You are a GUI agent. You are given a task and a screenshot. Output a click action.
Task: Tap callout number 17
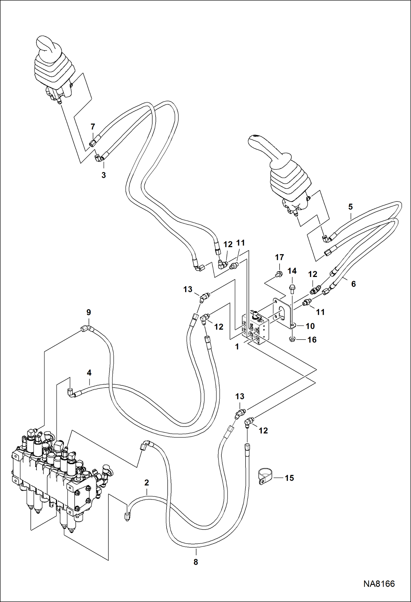(279, 257)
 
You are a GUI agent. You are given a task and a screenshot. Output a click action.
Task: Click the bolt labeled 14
(292, 288)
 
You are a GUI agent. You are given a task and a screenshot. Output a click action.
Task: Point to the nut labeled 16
(292, 340)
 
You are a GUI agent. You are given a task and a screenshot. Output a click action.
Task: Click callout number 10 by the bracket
(310, 326)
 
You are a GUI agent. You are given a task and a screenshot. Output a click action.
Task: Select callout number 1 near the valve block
(237, 347)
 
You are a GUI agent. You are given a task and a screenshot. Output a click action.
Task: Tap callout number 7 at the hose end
(93, 127)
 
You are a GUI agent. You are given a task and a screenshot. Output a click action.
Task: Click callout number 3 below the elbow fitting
(103, 175)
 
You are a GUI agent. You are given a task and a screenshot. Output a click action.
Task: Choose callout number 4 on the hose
(89, 373)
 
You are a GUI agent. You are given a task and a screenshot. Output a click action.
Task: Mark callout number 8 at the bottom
(196, 562)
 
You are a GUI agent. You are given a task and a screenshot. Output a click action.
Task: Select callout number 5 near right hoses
(350, 207)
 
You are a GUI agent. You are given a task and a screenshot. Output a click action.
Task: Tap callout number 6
(353, 284)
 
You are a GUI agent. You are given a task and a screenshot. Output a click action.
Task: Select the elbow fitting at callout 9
(87, 328)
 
